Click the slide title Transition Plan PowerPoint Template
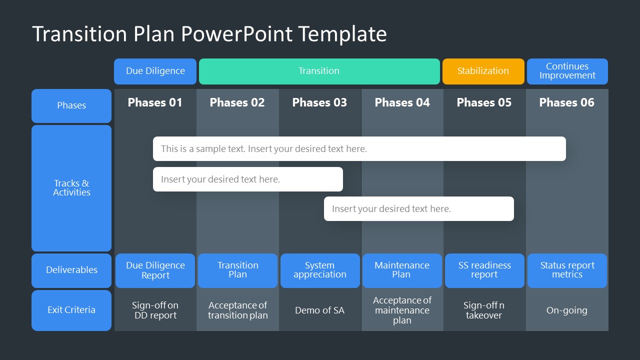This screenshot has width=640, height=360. coord(209,34)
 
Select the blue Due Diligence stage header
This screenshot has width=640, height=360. coord(155,71)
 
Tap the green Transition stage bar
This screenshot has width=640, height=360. coord(319,71)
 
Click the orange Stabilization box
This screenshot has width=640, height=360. coord(483,71)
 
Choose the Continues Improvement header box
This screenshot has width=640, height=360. coord(567,71)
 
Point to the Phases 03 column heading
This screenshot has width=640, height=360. coord(319,102)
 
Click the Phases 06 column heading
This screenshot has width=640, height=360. coord(566,102)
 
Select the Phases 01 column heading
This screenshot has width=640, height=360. coord(155,102)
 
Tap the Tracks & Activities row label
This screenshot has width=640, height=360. coord(71,188)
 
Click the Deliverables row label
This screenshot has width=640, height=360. coord(71,270)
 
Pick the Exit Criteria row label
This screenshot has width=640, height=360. coord(71,310)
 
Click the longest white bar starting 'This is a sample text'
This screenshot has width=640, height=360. coord(359,149)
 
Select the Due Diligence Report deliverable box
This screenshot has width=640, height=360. coord(155,270)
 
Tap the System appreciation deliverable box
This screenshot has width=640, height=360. coord(320,270)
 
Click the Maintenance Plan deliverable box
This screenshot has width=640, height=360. coord(402,270)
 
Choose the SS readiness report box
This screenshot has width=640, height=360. coord(484,270)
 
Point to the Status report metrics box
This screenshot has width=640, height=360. coord(567,270)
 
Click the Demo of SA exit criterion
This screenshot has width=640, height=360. coord(319,310)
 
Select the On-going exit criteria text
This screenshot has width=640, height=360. coord(566,310)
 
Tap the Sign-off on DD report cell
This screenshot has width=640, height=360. coord(155,310)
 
